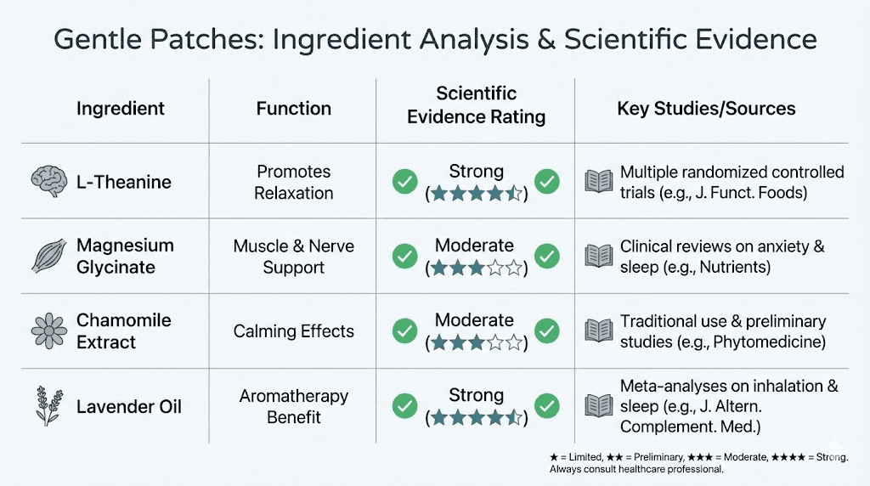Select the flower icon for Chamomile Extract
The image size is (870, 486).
click(x=48, y=331)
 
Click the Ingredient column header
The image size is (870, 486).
click(x=121, y=108)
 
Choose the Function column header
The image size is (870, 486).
click(x=293, y=108)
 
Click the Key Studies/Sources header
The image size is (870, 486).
click(x=706, y=108)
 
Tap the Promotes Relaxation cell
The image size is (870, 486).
click(x=293, y=182)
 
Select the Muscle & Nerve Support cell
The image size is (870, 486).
click(x=293, y=256)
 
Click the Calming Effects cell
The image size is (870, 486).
click(x=293, y=331)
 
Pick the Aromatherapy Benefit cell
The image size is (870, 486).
click(x=293, y=405)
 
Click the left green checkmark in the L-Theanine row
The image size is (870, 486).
click(x=404, y=181)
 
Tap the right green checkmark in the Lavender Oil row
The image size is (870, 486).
click(x=547, y=405)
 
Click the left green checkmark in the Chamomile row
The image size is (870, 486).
click(x=404, y=331)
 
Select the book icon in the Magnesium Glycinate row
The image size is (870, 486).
click(x=598, y=256)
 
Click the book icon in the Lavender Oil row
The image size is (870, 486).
click(x=598, y=405)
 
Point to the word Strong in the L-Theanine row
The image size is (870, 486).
click(x=476, y=171)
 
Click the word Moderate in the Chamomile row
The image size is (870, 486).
click(x=474, y=320)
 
